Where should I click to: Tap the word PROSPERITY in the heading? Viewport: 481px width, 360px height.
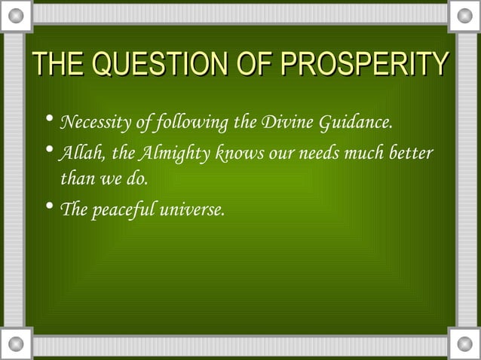[363, 66]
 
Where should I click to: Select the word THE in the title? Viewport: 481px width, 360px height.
[55, 66]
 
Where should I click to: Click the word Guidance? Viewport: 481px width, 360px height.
[356, 122]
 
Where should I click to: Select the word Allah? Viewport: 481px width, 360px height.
[81, 154]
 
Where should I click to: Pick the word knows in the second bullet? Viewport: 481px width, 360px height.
[234, 154]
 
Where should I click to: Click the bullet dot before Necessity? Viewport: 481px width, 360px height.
[49, 121]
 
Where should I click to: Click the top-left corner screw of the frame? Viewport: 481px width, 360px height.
[17, 15]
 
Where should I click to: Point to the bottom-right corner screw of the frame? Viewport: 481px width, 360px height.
[464, 344]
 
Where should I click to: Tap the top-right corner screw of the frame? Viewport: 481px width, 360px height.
[464, 15]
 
